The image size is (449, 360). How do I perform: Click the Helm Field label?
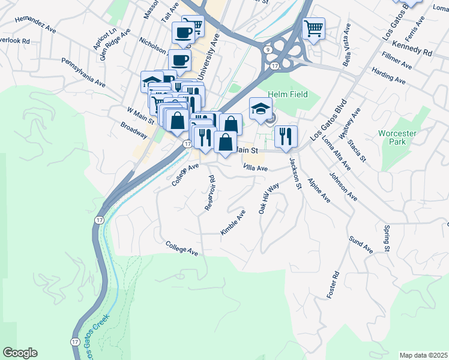288,94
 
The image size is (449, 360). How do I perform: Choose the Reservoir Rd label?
209,193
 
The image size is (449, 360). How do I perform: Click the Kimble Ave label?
233,222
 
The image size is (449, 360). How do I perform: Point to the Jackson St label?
295,173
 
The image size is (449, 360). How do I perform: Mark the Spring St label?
386,239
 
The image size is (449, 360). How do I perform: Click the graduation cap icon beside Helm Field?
260,109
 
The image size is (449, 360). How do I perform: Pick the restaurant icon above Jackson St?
286,136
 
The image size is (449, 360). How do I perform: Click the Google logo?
20,353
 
